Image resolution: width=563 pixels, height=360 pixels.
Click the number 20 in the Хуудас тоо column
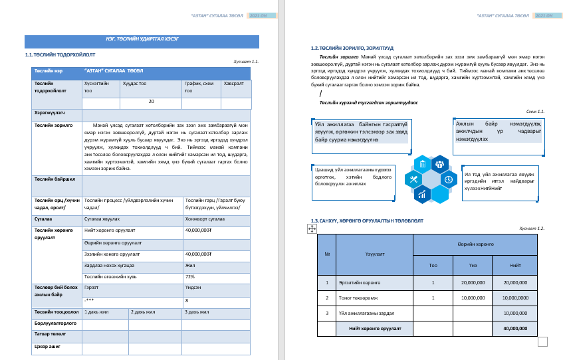point(151,102)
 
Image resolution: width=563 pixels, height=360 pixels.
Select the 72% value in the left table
point(189,276)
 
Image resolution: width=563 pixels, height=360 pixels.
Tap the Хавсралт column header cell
point(234,84)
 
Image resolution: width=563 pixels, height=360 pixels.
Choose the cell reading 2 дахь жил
point(143,311)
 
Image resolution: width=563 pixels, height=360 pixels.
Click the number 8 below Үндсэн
point(188,300)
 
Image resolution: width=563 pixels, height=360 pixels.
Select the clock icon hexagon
point(449,179)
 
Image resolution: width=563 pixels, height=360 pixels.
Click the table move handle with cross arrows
point(311,228)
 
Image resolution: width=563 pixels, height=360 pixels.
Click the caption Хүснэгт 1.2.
point(532,228)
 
